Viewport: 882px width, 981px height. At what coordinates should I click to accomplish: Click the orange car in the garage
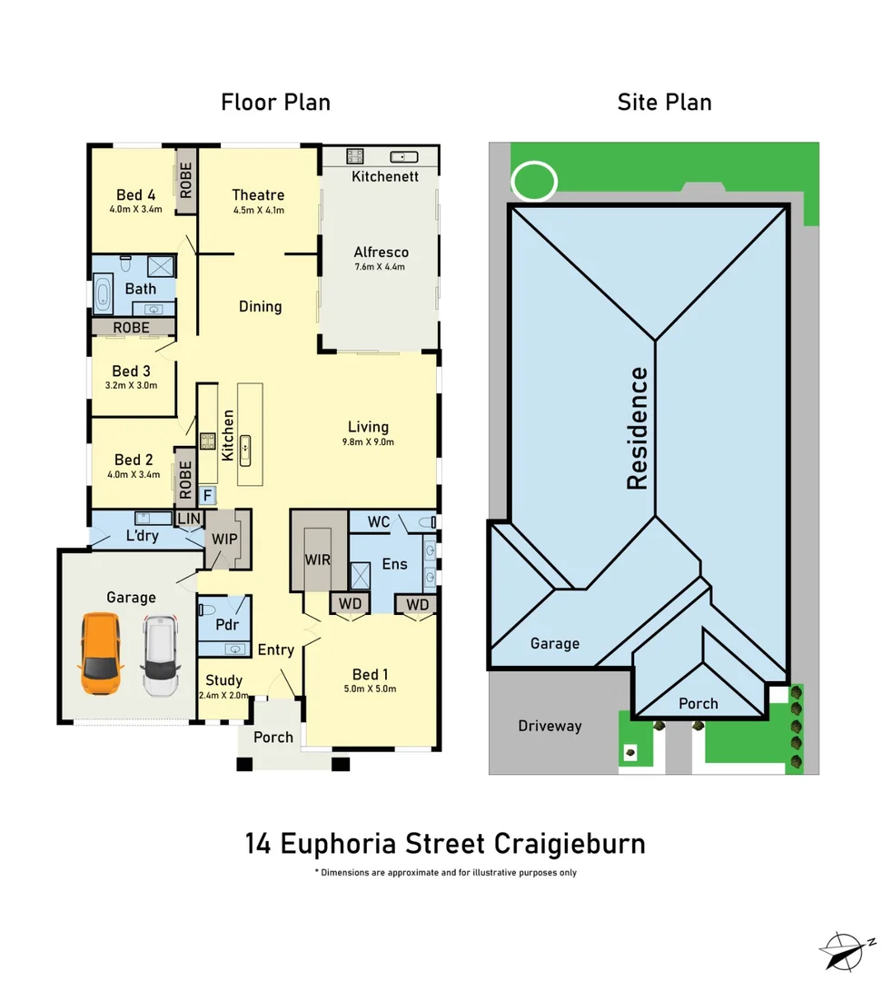(x=101, y=654)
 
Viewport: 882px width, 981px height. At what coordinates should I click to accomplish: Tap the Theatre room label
(x=258, y=194)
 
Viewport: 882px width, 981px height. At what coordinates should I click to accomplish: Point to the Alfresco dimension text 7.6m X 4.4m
(x=381, y=267)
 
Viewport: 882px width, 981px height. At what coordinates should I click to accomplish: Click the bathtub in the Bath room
(x=102, y=296)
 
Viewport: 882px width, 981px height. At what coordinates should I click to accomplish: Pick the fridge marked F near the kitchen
(x=207, y=495)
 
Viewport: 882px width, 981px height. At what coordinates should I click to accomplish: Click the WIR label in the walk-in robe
(x=318, y=560)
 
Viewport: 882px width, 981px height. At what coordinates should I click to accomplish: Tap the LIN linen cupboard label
(x=190, y=518)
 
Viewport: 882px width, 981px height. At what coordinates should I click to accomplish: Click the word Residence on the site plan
(x=639, y=428)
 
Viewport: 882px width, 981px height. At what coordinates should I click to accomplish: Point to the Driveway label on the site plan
(x=550, y=726)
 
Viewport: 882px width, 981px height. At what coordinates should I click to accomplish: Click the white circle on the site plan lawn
(x=534, y=180)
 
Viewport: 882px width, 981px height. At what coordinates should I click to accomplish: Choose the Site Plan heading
(x=664, y=102)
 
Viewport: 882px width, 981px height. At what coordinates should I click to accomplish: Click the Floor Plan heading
(x=275, y=102)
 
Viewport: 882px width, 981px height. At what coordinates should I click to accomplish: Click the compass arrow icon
(x=847, y=951)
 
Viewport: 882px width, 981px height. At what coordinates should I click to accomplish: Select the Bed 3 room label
(x=131, y=371)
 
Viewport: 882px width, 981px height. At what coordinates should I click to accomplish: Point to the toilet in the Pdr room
(x=207, y=609)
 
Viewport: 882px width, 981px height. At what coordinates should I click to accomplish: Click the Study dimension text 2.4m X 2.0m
(x=223, y=696)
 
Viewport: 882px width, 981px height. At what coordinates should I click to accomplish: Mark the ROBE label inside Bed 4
(x=186, y=181)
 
